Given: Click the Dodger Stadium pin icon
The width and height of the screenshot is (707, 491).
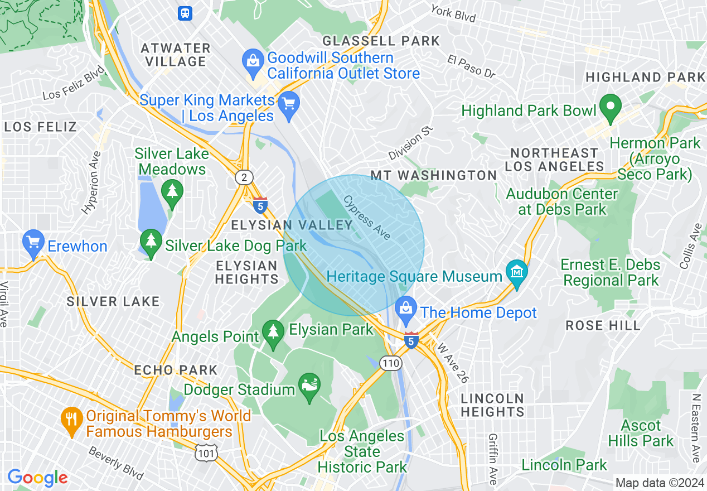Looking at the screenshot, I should (x=310, y=387).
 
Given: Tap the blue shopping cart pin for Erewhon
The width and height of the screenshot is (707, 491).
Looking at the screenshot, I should (x=33, y=243).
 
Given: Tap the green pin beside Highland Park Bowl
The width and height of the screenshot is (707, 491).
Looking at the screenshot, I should (x=611, y=108).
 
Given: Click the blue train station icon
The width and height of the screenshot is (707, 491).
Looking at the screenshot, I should (x=185, y=13).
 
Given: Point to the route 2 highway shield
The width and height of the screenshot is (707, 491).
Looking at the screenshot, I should (x=244, y=177).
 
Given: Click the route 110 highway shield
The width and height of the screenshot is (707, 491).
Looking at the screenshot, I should (x=391, y=363).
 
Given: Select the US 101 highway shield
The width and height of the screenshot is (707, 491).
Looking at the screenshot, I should (x=206, y=453).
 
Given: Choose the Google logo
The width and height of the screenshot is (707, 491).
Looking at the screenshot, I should (x=37, y=478).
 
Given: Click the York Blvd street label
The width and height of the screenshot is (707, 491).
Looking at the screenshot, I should (x=453, y=13).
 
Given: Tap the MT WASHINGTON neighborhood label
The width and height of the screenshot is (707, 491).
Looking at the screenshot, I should (x=434, y=175).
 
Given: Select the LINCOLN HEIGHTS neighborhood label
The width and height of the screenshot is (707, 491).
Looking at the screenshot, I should (x=493, y=405).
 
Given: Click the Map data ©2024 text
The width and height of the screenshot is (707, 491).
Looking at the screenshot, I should (x=659, y=483).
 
